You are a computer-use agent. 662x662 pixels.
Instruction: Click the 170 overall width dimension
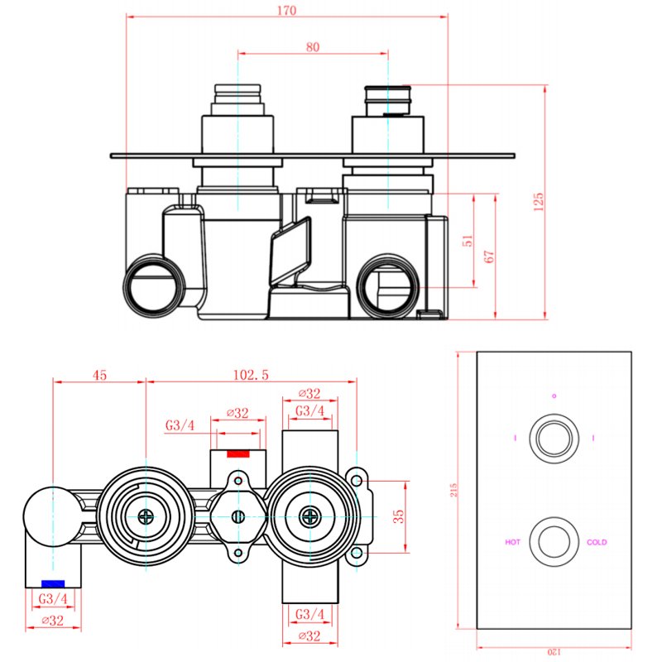point(287,11)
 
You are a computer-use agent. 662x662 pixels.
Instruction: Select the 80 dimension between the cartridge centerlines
point(313,47)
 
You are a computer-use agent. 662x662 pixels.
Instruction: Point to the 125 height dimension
point(538,201)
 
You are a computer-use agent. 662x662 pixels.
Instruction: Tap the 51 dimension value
point(468,241)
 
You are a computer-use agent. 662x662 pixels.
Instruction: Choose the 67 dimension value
point(489,256)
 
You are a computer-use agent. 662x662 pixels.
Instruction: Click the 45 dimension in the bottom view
point(99,375)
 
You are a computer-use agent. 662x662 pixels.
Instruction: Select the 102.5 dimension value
point(252,375)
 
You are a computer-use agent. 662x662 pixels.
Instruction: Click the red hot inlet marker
point(238,453)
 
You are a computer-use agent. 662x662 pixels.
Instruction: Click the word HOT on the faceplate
point(513,543)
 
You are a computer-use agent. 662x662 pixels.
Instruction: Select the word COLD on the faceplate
point(597,543)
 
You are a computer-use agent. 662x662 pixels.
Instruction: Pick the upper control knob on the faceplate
point(554,436)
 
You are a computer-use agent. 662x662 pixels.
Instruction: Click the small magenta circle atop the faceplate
point(554,396)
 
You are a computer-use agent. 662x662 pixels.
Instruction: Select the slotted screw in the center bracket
point(238,517)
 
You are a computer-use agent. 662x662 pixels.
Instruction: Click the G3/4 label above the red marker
point(180,425)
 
